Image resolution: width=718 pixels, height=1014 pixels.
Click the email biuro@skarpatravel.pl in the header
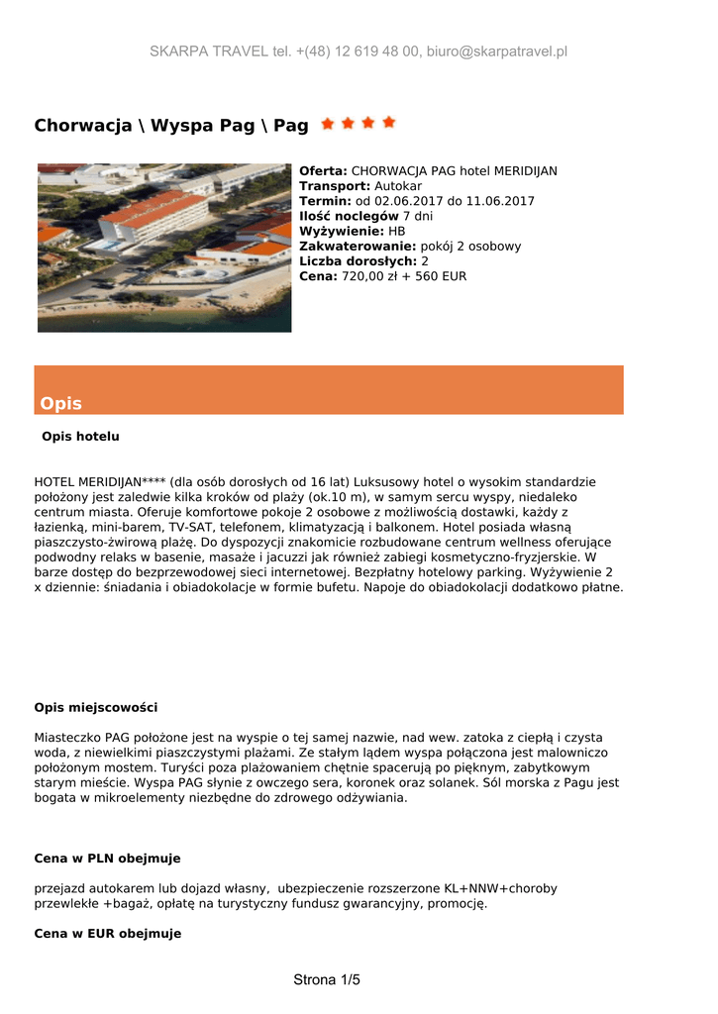pos(496,51)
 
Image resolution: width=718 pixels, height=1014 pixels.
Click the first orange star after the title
pos(327,123)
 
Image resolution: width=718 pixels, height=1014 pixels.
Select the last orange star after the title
pos(389,123)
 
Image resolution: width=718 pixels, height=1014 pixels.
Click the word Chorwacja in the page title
pos(83,126)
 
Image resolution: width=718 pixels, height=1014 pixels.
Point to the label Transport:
pos(335,186)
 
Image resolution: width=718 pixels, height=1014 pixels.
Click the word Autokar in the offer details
pos(398,186)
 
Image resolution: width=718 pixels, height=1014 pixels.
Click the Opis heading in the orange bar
pos(61,403)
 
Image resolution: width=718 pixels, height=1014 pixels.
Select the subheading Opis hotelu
pos(80,436)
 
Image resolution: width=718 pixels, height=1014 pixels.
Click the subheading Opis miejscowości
pos(96,707)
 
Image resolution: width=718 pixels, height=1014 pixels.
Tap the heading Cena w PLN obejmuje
pos(107,858)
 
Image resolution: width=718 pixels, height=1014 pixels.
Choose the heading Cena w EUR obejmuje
pos(107,933)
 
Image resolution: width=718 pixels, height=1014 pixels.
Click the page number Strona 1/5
pos(327,980)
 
